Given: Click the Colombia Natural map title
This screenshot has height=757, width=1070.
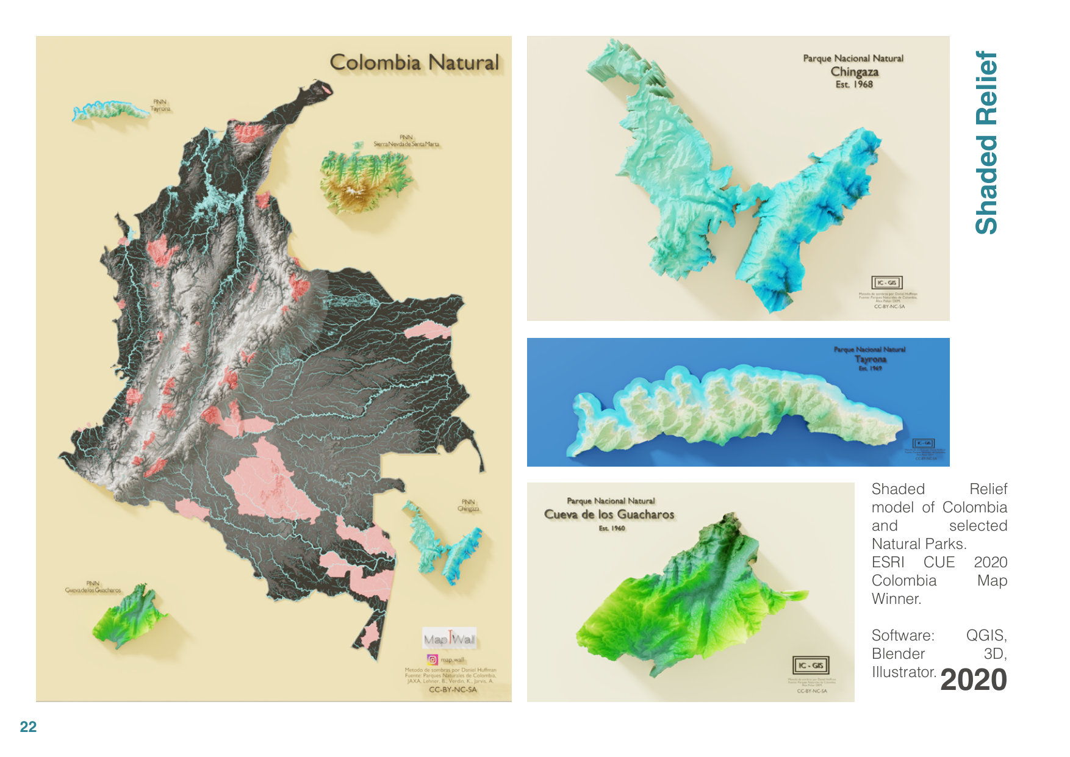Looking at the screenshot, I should pos(414,62).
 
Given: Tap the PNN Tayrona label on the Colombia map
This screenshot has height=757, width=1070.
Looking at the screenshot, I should pos(160,106).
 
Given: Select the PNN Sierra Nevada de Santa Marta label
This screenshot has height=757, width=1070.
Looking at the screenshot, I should pos(406,141).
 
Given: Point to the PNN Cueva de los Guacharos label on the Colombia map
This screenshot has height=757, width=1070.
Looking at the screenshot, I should pos(93,587).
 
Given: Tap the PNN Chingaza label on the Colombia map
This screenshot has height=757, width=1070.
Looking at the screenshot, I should pos(469,505).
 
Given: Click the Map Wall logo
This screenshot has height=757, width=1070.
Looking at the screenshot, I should pos(450,639).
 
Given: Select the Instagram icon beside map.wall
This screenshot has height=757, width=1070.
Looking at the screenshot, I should pos(432,659).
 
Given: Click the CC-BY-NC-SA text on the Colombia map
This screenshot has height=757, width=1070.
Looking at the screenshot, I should pos(453,689).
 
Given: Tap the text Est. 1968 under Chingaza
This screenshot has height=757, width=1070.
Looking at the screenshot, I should pos(854,85).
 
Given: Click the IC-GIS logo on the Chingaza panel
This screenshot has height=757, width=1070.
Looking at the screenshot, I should pos(886,282).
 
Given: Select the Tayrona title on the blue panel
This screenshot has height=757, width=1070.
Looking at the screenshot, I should pos(870,359).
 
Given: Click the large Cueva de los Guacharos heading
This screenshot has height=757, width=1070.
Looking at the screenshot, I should pos(609,514).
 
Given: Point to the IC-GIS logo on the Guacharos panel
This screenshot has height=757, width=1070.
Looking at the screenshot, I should pos(810,665).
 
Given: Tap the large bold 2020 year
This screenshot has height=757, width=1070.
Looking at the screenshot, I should pos(973,680).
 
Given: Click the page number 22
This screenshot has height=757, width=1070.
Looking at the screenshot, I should pos(28,727).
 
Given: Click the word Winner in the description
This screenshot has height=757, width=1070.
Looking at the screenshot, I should pos(896,598).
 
